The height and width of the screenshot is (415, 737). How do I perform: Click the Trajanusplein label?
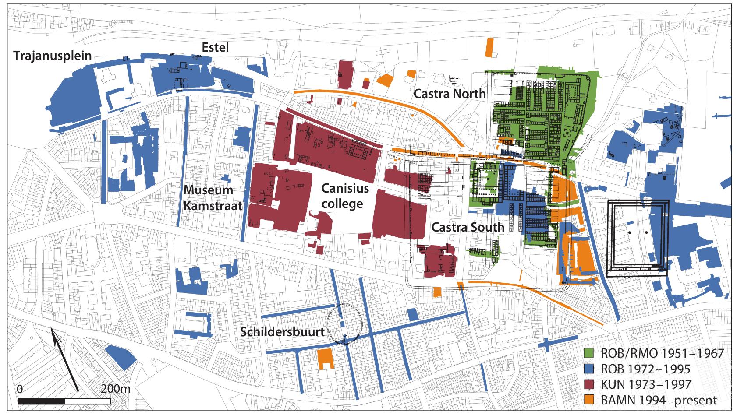tap(53, 56)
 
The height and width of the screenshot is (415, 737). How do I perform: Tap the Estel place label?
tap(215, 47)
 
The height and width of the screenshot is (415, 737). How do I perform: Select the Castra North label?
tap(450, 93)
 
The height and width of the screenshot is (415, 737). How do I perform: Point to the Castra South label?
tap(468, 227)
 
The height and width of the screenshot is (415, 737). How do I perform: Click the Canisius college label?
tap(342, 196)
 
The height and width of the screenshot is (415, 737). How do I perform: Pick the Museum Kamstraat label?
tap(213, 198)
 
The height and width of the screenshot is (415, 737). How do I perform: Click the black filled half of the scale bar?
tap(42, 401)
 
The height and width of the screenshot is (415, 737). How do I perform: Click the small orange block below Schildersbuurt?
tap(325, 359)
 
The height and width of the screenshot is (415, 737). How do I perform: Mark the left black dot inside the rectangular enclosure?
tap(630, 232)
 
